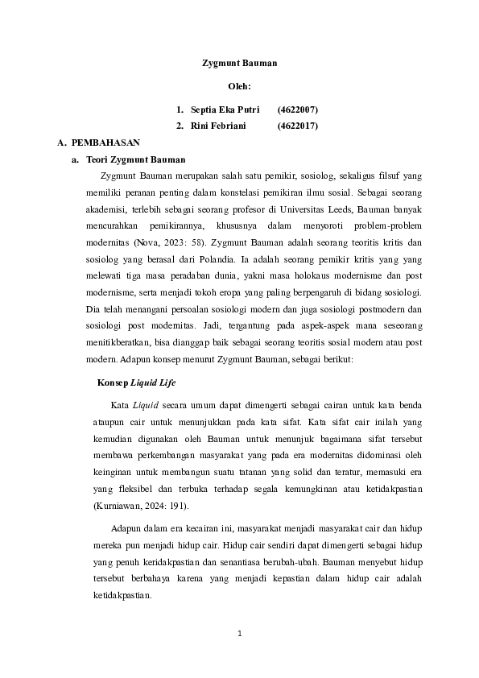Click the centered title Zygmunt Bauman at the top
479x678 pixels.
(239, 61)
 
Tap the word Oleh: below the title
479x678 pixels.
(239, 85)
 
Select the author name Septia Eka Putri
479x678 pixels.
(225, 108)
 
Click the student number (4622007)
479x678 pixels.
(298, 108)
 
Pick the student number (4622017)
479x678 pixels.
(298, 126)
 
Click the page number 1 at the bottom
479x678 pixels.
(239, 633)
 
